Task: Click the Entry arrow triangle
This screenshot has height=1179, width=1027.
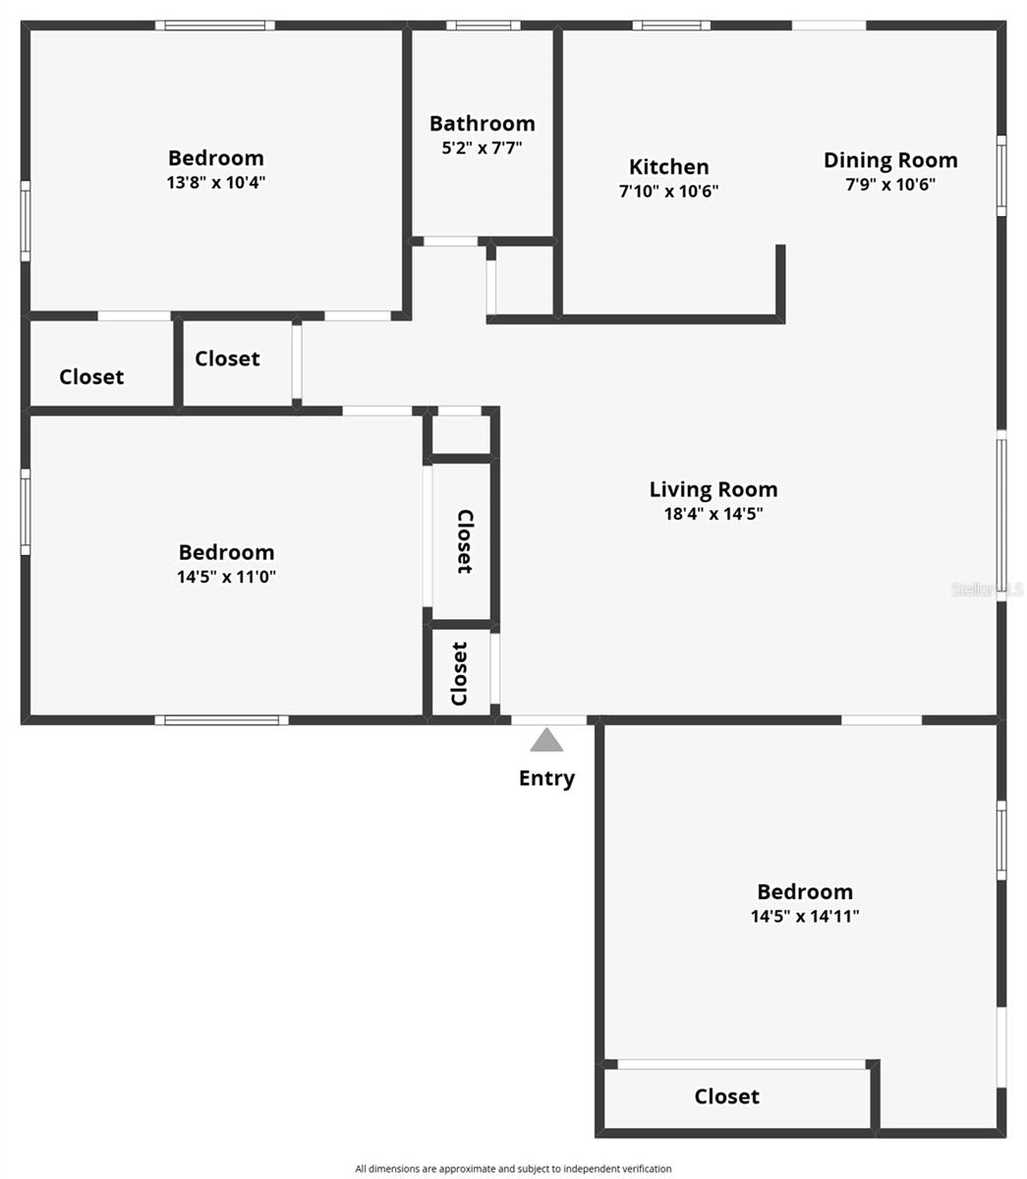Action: (x=546, y=740)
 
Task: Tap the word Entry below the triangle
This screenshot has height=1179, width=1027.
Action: (x=546, y=778)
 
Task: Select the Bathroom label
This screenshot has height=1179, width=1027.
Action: (x=482, y=124)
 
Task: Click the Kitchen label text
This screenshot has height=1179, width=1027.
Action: (x=668, y=167)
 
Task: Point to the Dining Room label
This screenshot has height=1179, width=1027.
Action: (x=890, y=160)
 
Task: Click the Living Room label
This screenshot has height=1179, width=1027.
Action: (x=713, y=489)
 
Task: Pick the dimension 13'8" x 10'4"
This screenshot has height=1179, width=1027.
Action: (x=216, y=183)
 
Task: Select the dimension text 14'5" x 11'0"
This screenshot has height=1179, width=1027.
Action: (x=226, y=577)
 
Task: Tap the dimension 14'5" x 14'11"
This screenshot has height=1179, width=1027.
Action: (x=805, y=917)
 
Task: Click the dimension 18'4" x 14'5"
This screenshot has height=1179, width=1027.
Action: (x=713, y=513)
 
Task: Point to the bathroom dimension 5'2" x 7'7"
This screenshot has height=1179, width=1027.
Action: (x=482, y=148)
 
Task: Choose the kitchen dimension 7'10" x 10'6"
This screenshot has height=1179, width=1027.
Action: (x=668, y=192)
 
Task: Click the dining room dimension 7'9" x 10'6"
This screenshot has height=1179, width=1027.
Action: (x=890, y=184)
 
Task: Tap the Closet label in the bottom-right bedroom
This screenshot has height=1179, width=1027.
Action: (x=727, y=1096)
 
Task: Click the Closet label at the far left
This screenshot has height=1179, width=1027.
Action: (x=91, y=377)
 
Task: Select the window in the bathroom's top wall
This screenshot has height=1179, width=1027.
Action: (x=484, y=26)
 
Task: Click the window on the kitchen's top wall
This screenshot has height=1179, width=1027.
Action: (x=671, y=26)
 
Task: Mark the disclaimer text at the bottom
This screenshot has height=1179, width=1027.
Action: (x=513, y=1168)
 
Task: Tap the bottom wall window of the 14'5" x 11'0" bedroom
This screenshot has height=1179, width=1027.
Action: (x=222, y=720)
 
